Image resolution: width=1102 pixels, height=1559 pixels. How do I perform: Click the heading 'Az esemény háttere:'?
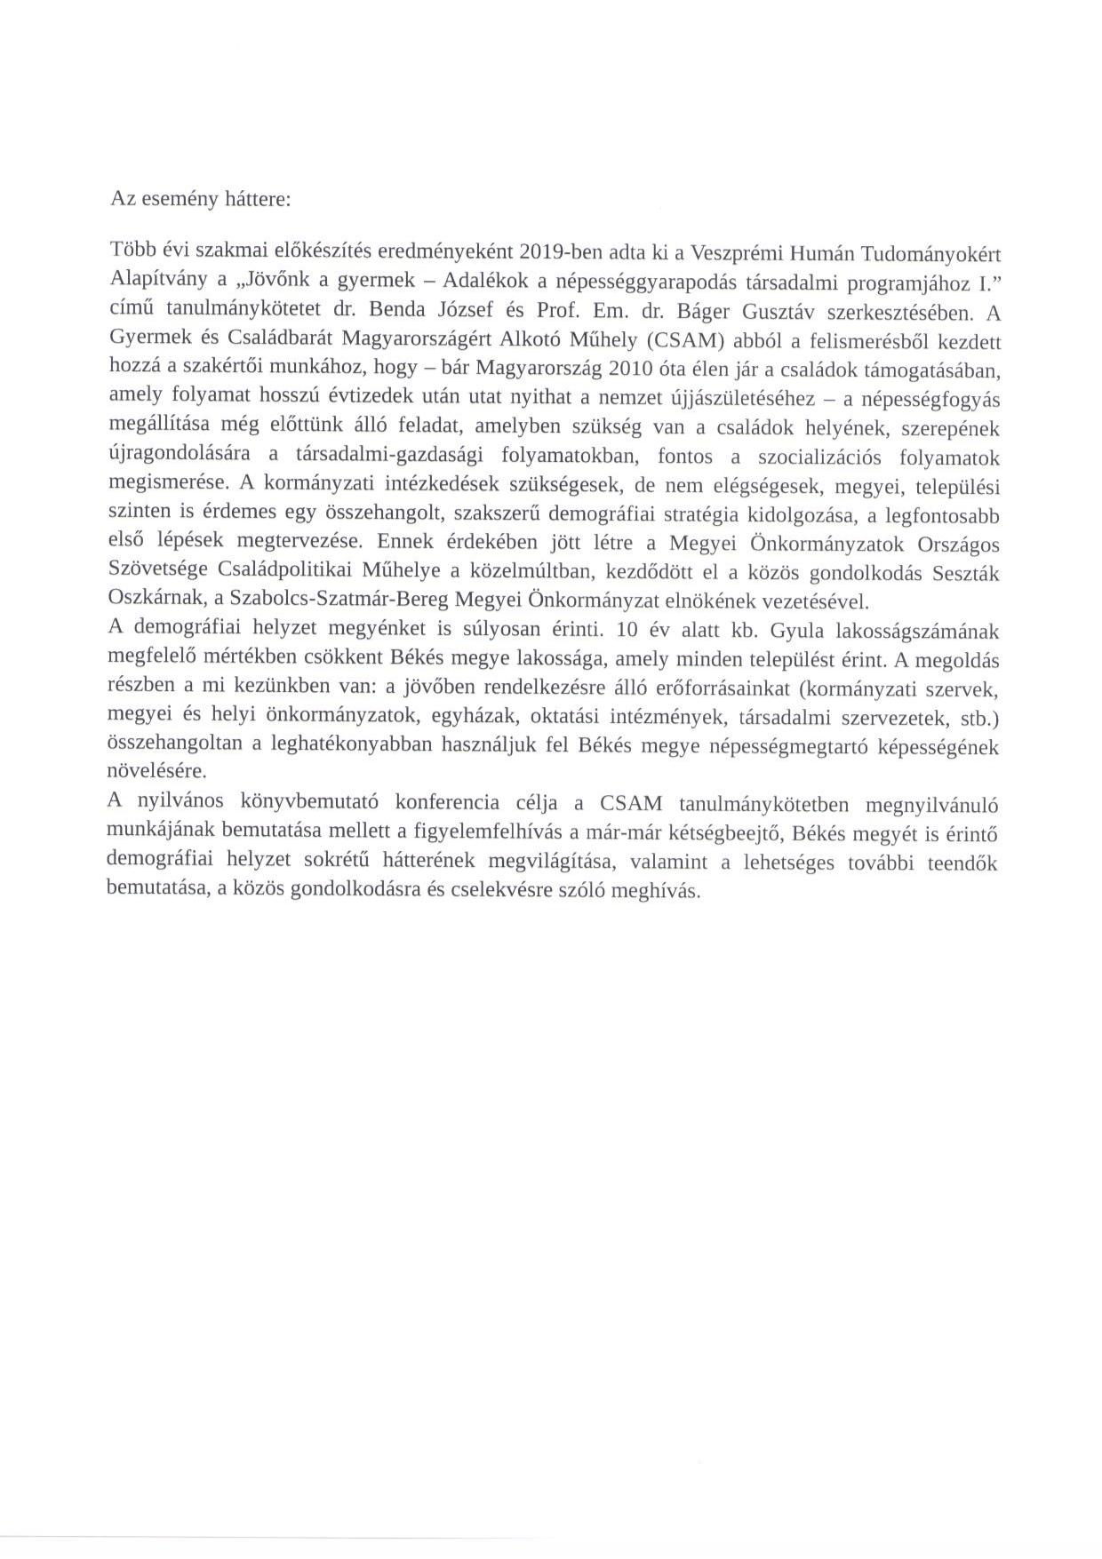(200, 198)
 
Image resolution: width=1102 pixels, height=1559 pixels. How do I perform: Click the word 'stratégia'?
(770, 515)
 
